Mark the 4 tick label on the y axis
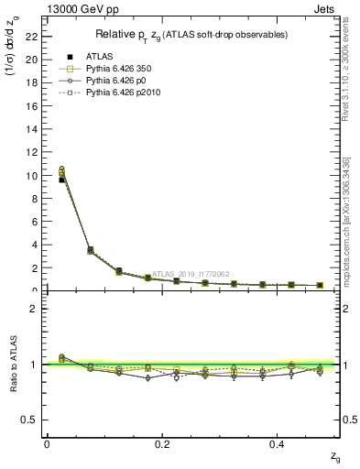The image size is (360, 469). coord(32,245)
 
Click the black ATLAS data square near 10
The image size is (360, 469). coord(62,180)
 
